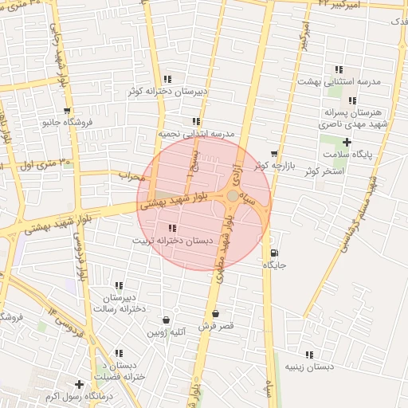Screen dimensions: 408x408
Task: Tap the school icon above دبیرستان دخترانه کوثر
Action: pos(167,79)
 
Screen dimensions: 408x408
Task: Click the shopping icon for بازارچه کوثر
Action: pos(274,154)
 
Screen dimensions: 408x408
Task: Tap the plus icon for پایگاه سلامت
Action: pos(346,142)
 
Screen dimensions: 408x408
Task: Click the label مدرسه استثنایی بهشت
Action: pos(339,81)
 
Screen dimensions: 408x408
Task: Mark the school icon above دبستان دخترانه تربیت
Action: pos(173,228)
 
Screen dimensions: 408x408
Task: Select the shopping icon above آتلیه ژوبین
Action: pos(166,319)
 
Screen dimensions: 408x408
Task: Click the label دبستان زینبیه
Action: pos(309,367)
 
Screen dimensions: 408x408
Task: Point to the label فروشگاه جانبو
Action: pos(68,123)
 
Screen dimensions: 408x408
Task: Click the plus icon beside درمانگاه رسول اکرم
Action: pos(79,385)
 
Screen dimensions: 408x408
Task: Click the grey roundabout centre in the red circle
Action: pos(232,195)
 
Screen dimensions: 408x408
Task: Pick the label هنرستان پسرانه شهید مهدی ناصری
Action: pos(352,119)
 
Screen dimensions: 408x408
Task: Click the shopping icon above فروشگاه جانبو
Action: pos(67,111)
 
